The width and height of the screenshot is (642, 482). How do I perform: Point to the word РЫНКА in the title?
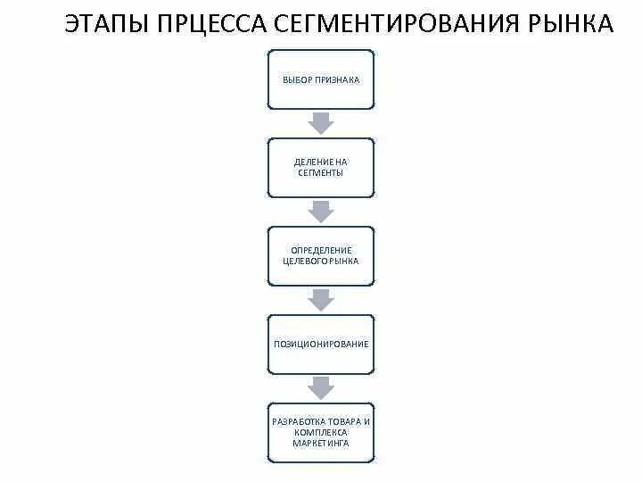[x=568, y=24]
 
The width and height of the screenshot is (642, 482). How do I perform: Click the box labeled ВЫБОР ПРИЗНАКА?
[x=321, y=79]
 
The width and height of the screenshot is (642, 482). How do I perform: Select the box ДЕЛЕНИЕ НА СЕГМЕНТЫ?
[x=321, y=167]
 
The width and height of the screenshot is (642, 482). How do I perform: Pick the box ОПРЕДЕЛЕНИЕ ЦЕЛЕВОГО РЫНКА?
[x=321, y=255]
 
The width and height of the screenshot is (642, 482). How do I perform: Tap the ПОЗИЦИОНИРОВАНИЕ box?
[x=321, y=344]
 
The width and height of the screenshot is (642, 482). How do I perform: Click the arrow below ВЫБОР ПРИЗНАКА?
[x=321, y=123]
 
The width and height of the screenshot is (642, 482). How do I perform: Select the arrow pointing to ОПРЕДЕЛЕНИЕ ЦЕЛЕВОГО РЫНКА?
[x=321, y=211]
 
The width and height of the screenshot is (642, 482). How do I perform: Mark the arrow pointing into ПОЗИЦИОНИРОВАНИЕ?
[x=321, y=299]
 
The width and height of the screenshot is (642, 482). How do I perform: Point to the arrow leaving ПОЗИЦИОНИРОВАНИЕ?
[x=321, y=387]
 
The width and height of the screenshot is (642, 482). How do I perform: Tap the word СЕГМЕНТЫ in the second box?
[x=321, y=172]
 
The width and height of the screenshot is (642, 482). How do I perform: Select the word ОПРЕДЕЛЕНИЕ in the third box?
[x=321, y=250]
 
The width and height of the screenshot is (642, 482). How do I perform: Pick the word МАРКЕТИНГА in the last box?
[x=321, y=443]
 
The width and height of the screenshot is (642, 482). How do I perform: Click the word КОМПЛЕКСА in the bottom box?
[x=321, y=431]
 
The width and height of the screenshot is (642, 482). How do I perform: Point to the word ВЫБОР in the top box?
[x=297, y=79]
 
